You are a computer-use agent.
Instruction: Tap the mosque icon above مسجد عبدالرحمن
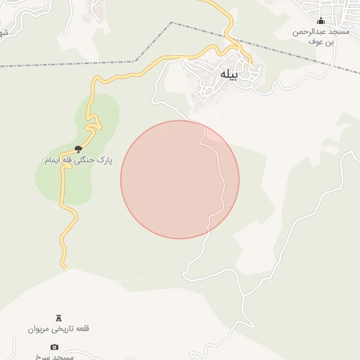321,21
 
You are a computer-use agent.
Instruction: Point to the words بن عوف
321,41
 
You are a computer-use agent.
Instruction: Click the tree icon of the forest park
78,149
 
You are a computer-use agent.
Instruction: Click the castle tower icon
58,318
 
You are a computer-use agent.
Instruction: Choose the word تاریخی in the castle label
60,328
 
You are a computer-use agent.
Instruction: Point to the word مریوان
38,328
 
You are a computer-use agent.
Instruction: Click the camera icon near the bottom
55,347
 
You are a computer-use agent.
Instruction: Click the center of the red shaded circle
180,179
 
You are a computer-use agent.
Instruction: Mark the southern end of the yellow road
64,266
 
